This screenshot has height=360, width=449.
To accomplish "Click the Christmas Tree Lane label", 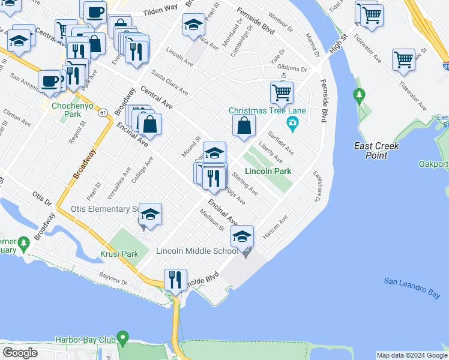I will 267,110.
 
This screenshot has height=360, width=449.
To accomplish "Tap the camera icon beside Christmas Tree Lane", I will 292,124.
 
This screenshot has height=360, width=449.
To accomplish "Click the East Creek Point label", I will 377,151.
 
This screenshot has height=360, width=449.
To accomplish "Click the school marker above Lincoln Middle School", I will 243,236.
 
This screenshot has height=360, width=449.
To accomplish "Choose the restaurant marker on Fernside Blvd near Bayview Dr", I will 175,280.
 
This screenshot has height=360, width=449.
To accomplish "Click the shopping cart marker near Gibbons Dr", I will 282,93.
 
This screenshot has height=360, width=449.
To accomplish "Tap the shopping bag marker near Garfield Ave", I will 244,125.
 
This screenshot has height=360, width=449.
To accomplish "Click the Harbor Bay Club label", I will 85,340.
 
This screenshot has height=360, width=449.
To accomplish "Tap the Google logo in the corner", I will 20,352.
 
